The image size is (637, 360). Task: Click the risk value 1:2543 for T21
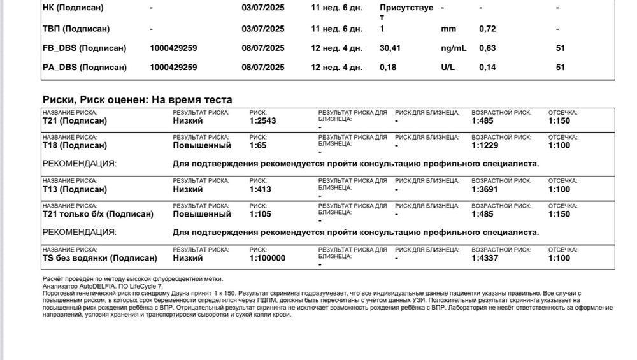[262, 121]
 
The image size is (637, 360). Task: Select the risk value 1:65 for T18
[257, 145]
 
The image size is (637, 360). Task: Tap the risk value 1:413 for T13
[260, 189]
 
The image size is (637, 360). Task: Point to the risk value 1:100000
[268, 258]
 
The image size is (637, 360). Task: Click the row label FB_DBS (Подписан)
[84, 48]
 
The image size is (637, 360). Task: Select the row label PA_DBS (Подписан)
[84, 67]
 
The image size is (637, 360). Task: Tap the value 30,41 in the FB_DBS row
[392, 48]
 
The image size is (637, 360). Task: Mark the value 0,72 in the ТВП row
[487, 29]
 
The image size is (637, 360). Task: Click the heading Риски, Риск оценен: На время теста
[137, 99]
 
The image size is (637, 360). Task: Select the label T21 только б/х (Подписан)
[98, 214]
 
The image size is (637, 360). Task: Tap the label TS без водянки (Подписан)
[99, 258]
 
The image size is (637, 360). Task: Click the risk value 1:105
[260, 214]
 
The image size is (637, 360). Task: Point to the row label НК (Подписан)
[73, 8]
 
